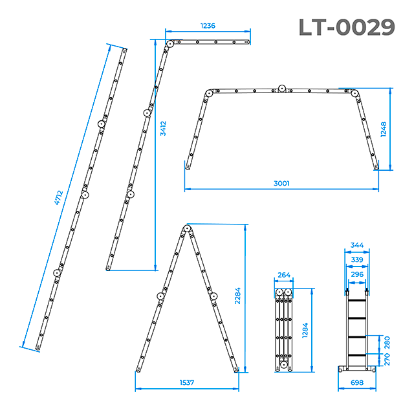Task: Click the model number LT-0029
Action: click(x=347, y=27)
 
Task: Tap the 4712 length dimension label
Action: click(x=59, y=198)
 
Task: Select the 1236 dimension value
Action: click(x=208, y=26)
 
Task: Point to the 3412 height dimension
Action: click(x=163, y=128)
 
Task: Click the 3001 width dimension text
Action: click(x=281, y=183)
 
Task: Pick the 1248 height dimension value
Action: click(x=384, y=129)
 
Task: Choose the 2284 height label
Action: click(x=237, y=296)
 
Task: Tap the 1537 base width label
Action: click(x=187, y=382)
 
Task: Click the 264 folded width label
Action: click(x=284, y=275)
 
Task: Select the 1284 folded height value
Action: click(x=305, y=330)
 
